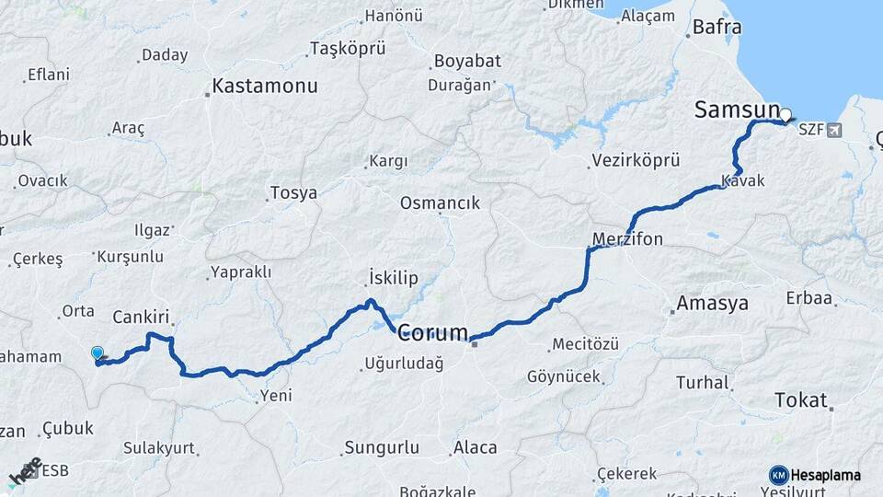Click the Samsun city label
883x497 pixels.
[736, 110]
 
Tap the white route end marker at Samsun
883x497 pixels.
[786, 116]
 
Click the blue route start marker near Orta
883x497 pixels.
[97, 353]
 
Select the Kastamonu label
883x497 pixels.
[265, 87]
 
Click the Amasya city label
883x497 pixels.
[712, 304]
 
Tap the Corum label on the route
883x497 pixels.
[432, 332]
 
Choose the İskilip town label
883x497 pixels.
[393, 278]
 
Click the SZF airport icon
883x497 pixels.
[833, 130]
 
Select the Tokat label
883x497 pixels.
[801, 400]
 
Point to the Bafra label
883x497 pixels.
[717, 28]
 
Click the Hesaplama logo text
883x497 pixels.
[825, 475]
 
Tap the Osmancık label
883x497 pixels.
[440, 203]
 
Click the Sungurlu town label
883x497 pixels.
[381, 448]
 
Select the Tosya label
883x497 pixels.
[293, 193]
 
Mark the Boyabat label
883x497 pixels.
[465, 62]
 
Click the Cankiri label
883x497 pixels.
[143, 317]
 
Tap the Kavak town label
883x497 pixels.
[743, 181]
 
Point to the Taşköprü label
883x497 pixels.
[347, 48]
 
